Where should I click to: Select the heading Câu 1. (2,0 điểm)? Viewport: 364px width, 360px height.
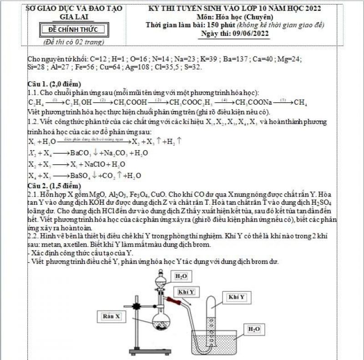pyautogui.click(x=54, y=84)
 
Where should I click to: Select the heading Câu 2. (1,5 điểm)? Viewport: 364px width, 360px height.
pyautogui.click(x=54, y=186)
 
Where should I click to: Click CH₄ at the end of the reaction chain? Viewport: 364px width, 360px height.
pyautogui.click(x=300, y=102)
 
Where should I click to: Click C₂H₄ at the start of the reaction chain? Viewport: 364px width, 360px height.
pyautogui.click(x=36, y=102)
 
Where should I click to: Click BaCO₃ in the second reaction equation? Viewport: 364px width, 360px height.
pyautogui.click(x=82, y=153)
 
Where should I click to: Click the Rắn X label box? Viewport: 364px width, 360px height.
pyautogui.click(x=112, y=316)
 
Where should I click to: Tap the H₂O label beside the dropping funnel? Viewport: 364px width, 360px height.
pyautogui.click(x=181, y=276)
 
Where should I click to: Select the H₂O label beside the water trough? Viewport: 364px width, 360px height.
pyautogui.click(x=254, y=329)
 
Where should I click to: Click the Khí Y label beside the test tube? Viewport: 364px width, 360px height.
pyautogui.click(x=237, y=297)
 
